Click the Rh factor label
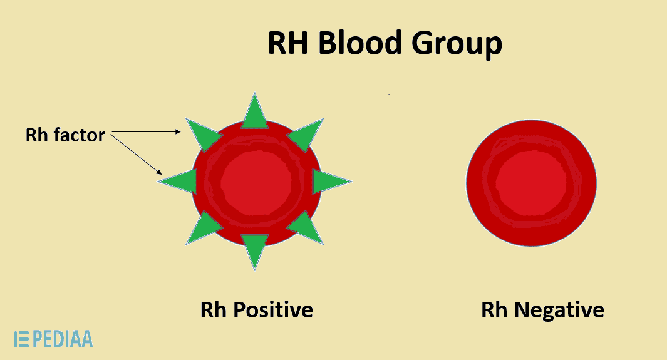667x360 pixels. tap(65, 135)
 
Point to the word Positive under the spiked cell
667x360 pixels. tap(274, 310)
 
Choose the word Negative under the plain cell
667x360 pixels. tap(559, 310)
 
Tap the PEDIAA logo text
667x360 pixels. tap(63, 339)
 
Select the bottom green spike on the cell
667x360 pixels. tap(255, 252)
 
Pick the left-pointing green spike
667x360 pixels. tap(178, 182)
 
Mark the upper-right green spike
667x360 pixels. tap(306, 135)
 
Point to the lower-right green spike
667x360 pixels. tap(306, 229)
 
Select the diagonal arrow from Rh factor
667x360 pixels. tap(137, 154)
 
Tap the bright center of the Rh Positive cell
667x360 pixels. tap(256, 182)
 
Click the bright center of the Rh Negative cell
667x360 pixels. tap(531, 183)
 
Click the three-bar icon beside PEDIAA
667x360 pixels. tap(22, 339)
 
